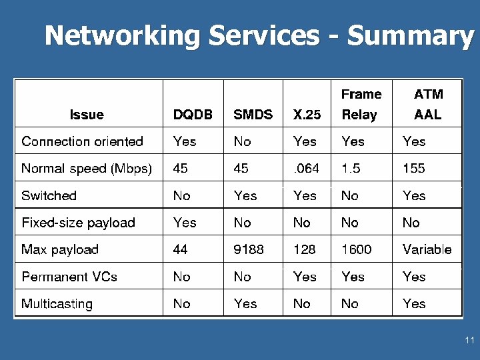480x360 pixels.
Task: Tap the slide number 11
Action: coord(469,341)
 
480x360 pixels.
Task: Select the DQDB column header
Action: coord(193,115)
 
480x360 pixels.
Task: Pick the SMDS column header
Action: coord(253,115)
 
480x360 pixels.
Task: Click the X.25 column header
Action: coord(307,115)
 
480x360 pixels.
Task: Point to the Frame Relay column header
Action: coord(361,105)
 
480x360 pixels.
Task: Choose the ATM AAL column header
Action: coord(427,105)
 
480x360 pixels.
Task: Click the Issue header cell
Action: coord(87,115)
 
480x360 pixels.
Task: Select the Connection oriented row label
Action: coord(82,141)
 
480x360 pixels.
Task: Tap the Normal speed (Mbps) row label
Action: coord(87,169)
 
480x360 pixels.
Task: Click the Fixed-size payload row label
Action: coord(78,223)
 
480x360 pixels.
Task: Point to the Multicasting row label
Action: coord(57,304)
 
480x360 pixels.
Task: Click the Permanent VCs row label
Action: coord(69,277)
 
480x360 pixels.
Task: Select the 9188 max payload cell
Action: coord(249,250)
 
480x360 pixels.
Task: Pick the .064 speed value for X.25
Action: coord(306,169)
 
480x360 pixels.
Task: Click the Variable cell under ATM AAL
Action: coord(427,250)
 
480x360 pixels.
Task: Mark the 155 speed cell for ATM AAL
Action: coord(413,169)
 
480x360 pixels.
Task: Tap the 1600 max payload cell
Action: coord(357,250)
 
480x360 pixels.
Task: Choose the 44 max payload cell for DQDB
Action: coord(180,250)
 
